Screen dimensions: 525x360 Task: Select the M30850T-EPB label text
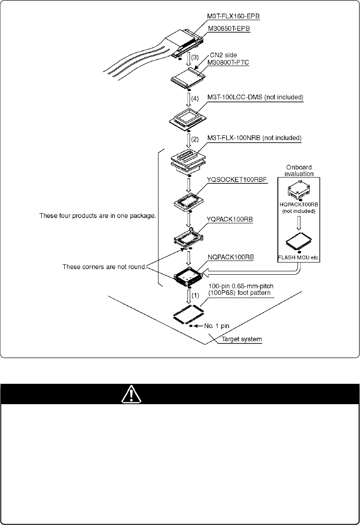coord(229,29)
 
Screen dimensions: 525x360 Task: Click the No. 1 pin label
coord(217,325)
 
